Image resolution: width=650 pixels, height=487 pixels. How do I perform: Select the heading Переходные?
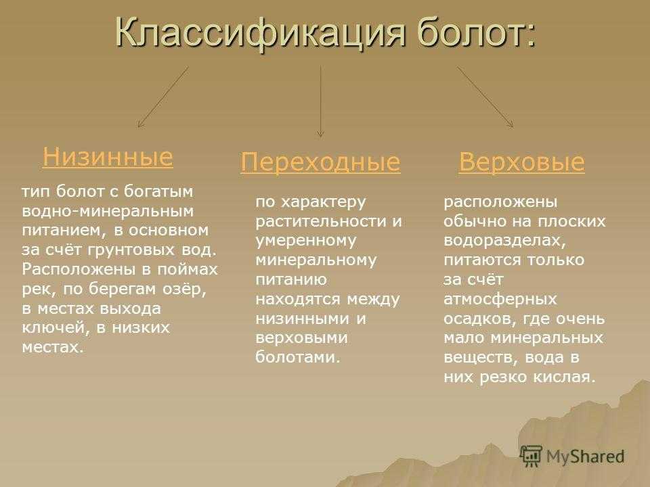(x=320, y=162)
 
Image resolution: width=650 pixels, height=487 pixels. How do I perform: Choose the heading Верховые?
(x=521, y=161)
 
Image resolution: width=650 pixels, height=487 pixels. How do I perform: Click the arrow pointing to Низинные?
(x=163, y=97)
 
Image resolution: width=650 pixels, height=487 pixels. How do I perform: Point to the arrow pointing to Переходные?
(x=320, y=101)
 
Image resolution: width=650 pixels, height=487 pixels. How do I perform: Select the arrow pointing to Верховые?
(x=485, y=97)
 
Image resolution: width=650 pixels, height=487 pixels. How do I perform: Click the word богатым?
(x=158, y=191)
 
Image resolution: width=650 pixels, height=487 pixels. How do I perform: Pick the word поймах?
(x=188, y=269)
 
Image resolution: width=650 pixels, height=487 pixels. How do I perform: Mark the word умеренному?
(x=306, y=241)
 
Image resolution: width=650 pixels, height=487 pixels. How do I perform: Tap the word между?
(x=374, y=299)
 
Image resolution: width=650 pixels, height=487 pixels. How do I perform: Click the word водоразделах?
(x=504, y=241)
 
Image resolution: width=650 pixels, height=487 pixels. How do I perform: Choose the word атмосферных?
(x=500, y=299)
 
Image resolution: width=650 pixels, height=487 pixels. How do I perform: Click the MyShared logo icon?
(x=531, y=456)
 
